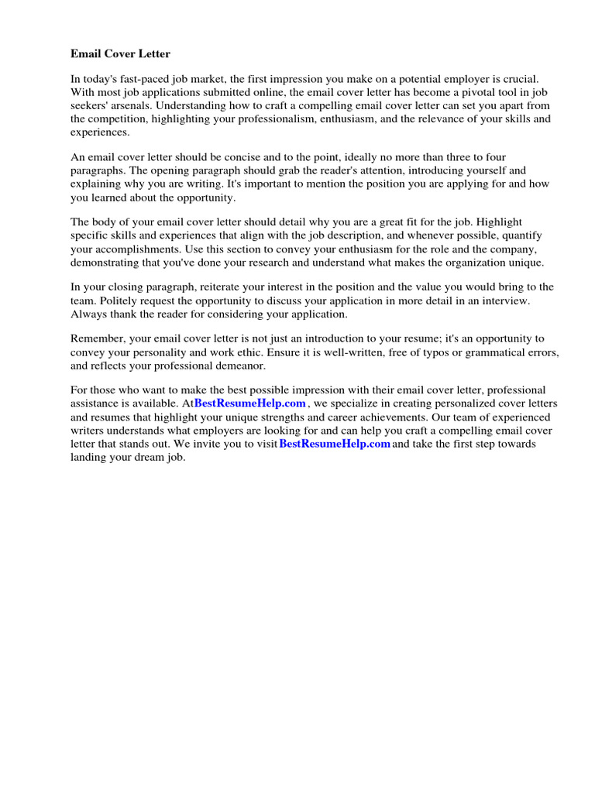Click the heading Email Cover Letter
(x=120, y=54)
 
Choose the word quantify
(x=522, y=235)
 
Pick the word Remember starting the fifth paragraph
(x=97, y=338)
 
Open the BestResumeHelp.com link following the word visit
(x=334, y=444)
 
